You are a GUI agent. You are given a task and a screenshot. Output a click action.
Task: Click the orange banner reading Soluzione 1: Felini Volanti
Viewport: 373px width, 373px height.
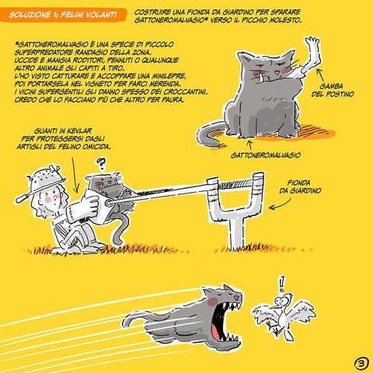click(63, 15)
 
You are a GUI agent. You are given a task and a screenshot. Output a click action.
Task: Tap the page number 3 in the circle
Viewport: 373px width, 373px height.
click(361, 364)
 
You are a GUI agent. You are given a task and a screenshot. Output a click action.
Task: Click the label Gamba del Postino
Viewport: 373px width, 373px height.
click(333, 90)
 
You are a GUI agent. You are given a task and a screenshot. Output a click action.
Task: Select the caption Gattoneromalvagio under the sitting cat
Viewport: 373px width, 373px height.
click(266, 155)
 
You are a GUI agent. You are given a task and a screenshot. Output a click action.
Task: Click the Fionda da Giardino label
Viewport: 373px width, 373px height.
click(300, 186)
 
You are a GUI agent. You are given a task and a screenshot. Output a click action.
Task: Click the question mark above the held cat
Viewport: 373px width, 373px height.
click(101, 165)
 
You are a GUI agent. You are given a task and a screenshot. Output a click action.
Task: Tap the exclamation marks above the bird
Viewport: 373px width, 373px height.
click(282, 284)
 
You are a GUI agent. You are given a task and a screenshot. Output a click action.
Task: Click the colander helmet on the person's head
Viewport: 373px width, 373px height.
click(45, 180)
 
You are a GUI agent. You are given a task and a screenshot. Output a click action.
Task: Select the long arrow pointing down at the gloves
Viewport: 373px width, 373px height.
click(75, 175)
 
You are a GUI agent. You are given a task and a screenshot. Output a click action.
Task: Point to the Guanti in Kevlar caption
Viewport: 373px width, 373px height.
click(63, 139)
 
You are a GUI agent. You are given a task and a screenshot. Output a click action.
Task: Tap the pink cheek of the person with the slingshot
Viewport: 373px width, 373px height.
click(48, 200)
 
